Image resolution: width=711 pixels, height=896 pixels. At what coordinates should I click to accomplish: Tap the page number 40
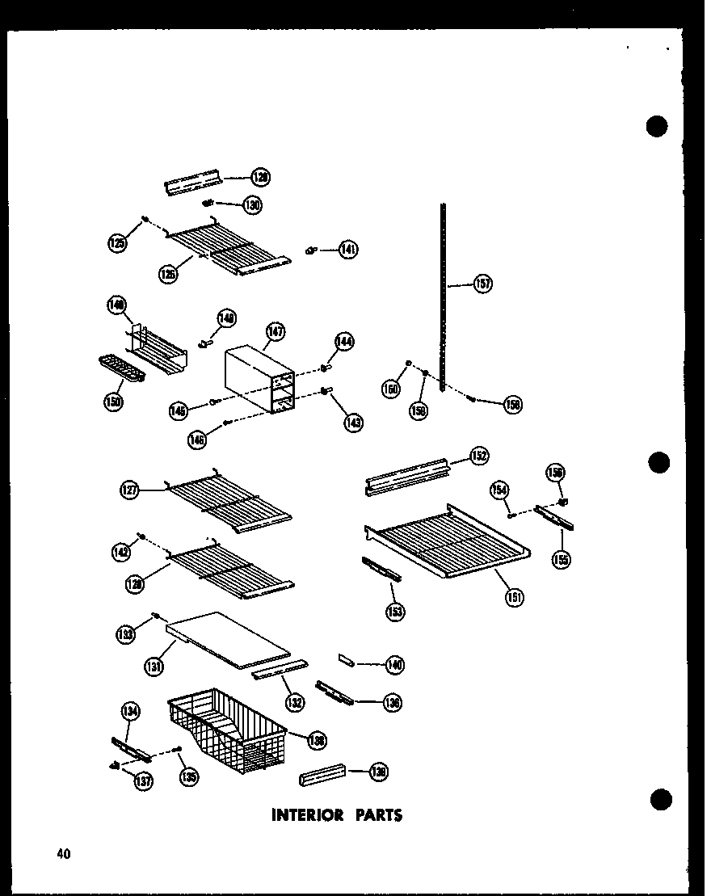63,852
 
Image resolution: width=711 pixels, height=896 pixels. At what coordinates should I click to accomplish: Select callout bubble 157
483,284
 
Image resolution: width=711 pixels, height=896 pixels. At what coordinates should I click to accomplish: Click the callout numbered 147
276,331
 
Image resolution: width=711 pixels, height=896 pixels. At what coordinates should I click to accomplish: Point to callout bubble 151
514,597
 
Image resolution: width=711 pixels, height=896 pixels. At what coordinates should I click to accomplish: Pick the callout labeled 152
478,456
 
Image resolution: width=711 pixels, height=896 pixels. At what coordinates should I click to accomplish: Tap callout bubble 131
154,666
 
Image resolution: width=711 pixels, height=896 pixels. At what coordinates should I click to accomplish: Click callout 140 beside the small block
394,664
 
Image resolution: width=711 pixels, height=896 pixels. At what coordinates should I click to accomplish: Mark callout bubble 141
348,250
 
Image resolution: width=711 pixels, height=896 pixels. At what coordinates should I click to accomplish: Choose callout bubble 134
130,711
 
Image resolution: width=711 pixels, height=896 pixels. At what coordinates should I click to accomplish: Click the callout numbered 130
252,205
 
